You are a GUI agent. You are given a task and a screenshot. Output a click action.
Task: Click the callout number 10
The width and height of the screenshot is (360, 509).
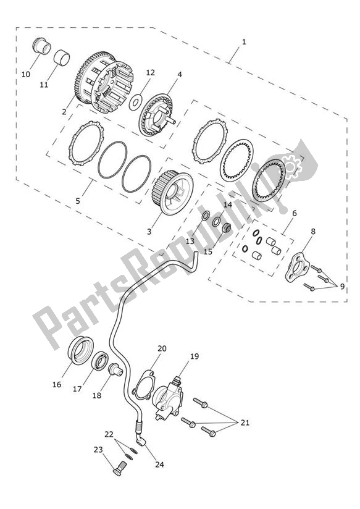click(x=26, y=74)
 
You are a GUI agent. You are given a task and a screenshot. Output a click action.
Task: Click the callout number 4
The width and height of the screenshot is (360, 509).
click(x=180, y=74)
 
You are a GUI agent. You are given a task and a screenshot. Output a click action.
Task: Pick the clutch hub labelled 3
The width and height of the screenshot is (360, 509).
click(x=174, y=193)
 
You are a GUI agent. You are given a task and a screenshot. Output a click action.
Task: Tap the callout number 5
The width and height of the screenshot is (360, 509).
click(x=78, y=201)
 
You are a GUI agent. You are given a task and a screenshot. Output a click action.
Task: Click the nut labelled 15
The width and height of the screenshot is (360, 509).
click(x=227, y=228)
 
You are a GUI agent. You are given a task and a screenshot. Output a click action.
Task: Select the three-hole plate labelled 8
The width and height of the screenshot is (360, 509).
click(x=296, y=267)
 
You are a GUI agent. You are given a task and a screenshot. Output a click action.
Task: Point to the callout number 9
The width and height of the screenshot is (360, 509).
click(x=342, y=287)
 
